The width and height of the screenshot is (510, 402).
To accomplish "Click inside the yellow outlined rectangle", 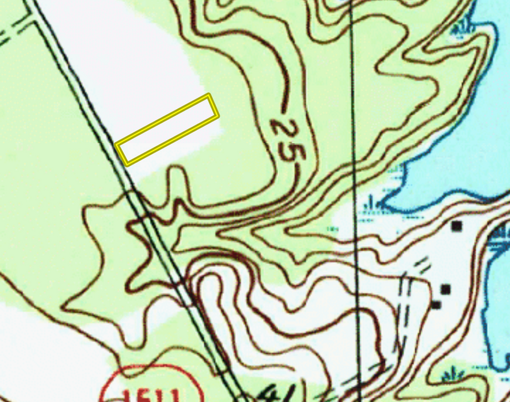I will [168, 129].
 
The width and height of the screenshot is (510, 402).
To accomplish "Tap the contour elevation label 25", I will [287, 139].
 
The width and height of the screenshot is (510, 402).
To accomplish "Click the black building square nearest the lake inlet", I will [456, 225].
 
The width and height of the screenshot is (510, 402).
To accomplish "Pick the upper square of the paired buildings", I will [446, 289].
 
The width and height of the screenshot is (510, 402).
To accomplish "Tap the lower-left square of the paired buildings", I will [436, 305].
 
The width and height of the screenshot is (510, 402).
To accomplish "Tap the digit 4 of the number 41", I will [266, 393].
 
